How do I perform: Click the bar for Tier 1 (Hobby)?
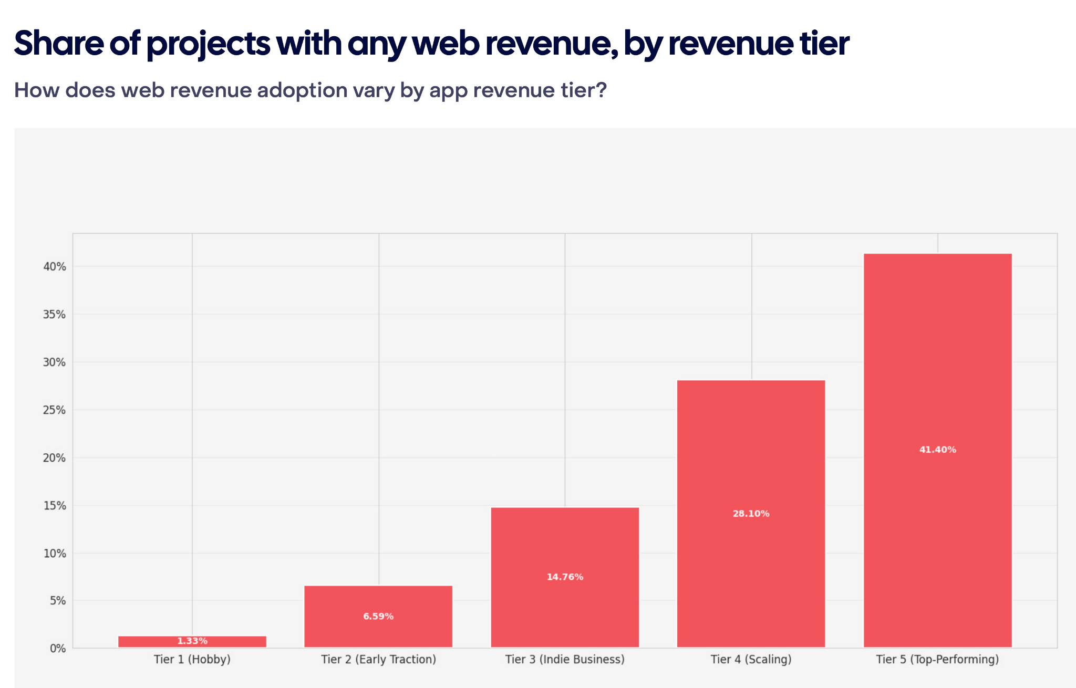click(x=192, y=641)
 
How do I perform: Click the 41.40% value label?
click(x=937, y=450)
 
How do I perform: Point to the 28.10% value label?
click(x=751, y=514)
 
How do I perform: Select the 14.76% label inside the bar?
click(x=565, y=577)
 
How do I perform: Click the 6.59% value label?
click(x=378, y=617)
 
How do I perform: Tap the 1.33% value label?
click(x=192, y=641)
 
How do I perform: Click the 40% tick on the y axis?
click(x=55, y=267)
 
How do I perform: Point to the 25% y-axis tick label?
click(x=55, y=410)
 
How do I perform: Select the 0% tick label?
click(x=58, y=649)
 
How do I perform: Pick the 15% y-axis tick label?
click(x=55, y=506)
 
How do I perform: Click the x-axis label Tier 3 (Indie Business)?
click(x=565, y=660)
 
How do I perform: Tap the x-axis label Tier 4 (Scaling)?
click(x=751, y=660)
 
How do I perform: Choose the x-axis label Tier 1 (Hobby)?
click(x=192, y=660)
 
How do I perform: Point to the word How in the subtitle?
click(x=36, y=90)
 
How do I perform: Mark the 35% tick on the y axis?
click(x=55, y=315)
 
